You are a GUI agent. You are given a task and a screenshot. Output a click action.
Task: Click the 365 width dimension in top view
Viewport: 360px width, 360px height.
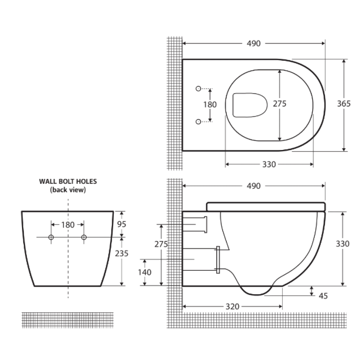coord(344,104)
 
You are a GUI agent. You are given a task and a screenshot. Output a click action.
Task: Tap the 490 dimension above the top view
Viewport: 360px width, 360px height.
coord(254,43)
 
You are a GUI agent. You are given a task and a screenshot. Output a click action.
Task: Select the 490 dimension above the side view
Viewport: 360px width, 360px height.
coord(254,186)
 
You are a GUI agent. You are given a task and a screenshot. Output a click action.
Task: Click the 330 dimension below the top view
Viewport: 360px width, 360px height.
coord(269,164)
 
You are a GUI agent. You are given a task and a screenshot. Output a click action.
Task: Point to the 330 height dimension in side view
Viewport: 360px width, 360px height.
coord(343,244)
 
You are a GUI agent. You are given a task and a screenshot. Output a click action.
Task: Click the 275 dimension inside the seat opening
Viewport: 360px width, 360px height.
coord(280,104)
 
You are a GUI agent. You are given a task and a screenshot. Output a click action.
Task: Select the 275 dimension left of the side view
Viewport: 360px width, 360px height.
coord(161,244)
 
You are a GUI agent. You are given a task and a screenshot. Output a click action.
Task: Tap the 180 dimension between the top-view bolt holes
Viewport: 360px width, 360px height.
coord(210,104)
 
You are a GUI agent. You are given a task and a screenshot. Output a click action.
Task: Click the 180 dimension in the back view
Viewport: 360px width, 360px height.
coord(68,225)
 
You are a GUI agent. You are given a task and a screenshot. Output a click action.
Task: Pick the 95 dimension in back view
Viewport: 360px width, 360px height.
coord(122,224)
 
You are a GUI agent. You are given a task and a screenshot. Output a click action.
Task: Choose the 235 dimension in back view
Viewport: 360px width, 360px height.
coord(121,254)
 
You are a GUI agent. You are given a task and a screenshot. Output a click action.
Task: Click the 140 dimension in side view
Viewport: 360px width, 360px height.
coord(144,272)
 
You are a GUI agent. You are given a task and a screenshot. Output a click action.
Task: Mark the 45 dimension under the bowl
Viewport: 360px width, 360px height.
coord(323,296)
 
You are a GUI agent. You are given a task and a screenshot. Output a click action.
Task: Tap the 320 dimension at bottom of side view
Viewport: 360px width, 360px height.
coord(232,306)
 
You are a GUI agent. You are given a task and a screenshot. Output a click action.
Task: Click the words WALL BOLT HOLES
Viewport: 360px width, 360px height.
coord(68,182)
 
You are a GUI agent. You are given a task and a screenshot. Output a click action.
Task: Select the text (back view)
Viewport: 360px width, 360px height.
coord(68,190)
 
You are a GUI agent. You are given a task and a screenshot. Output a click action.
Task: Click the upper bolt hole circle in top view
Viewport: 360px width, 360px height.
coord(198,89)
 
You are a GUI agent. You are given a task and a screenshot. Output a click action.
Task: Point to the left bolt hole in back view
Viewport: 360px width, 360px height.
coord(51,237)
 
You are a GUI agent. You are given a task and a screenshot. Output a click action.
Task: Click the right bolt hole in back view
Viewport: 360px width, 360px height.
coord(84,237)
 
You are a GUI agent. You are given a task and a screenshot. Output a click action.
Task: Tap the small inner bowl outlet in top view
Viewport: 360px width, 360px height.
coord(250,105)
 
